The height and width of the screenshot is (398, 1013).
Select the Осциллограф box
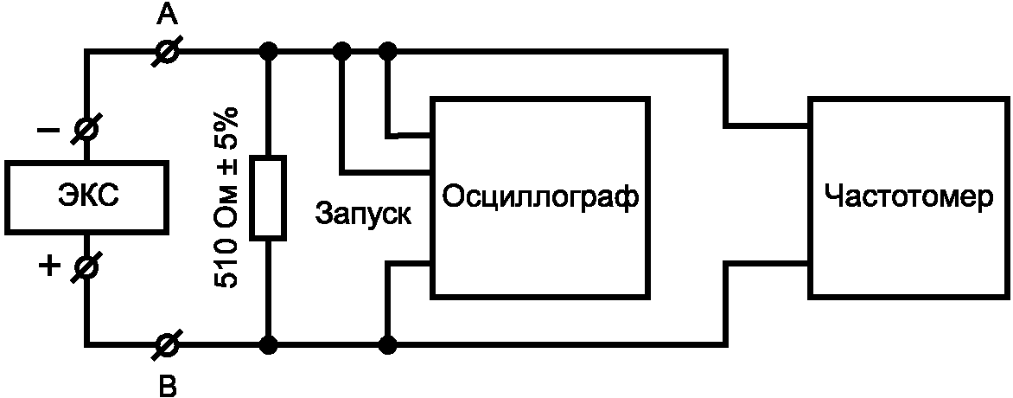tap(541, 197)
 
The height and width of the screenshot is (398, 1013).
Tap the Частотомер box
tap(908, 197)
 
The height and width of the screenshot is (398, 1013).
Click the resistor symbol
tap(268, 197)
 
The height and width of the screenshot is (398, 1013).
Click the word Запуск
tap(363, 212)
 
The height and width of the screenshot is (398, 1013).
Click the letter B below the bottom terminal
tap(169, 385)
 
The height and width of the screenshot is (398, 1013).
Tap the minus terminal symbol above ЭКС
tap(87, 131)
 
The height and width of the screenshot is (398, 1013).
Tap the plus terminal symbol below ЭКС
tap(87, 266)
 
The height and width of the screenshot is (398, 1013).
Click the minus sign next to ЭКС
tap(49, 131)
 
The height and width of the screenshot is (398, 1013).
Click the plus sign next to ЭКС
tap(49, 266)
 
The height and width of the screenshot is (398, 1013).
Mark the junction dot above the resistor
tap(269, 52)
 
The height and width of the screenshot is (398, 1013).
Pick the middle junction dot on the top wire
tap(343, 52)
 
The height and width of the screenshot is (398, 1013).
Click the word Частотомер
tap(908, 197)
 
